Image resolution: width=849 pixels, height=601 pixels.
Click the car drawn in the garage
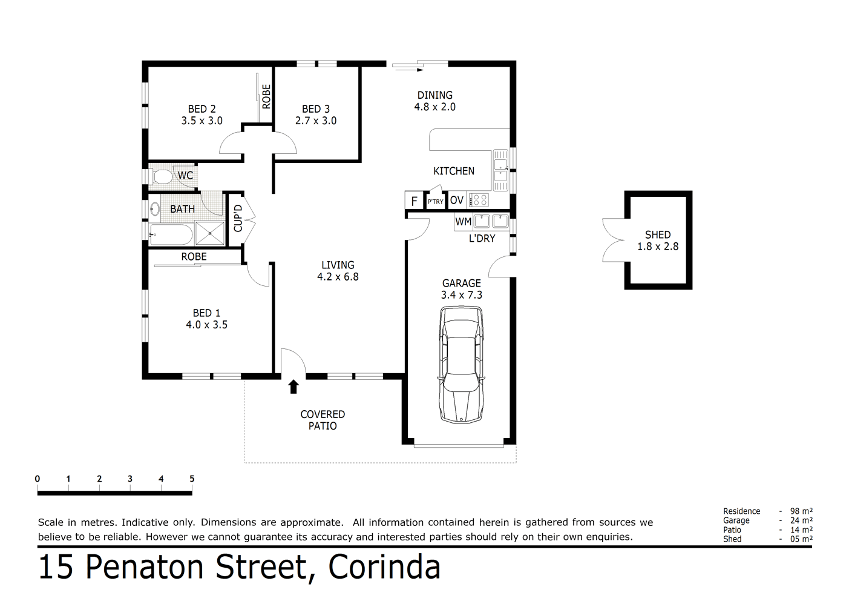[x=461, y=364]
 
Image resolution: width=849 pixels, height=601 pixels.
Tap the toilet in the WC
[x=162, y=177]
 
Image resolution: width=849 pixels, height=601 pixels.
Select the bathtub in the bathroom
[x=171, y=234]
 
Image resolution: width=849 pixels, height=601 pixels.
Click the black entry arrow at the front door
[x=293, y=387]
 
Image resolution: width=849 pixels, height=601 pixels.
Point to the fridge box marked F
[x=414, y=201]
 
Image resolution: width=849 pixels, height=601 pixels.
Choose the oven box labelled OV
[x=457, y=201]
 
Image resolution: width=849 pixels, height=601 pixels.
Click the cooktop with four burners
[x=479, y=200]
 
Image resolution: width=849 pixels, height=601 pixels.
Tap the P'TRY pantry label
[x=436, y=202]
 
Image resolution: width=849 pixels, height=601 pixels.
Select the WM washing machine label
[x=463, y=222]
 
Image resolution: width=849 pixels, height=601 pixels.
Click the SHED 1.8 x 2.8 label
[x=658, y=241]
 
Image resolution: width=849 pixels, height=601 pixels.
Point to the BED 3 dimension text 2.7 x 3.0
[x=316, y=121]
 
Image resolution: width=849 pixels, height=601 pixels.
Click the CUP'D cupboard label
[x=238, y=218]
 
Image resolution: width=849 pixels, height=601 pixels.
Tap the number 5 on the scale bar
[x=192, y=479]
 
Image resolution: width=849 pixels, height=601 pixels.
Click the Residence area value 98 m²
[x=801, y=511]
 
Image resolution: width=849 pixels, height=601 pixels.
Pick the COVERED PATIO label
[x=323, y=420]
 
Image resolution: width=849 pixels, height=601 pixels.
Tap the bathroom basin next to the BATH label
[x=154, y=210]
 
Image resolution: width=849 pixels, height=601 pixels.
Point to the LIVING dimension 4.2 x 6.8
[x=338, y=277]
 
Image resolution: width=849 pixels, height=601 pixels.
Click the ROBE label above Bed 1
[x=194, y=257]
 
